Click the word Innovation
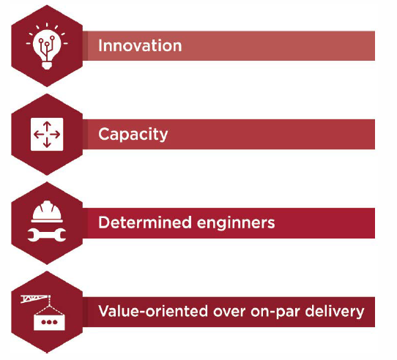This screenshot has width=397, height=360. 140,45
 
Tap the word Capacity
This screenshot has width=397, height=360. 133,135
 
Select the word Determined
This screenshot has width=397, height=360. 145,222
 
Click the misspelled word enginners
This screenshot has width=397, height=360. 236,223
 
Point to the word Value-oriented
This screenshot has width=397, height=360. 153,311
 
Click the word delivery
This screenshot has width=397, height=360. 335,312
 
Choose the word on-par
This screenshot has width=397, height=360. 275,312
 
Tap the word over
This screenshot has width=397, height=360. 229,312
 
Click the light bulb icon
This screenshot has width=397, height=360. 47,46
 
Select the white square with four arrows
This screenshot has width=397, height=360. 47,134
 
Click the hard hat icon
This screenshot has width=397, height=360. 47,211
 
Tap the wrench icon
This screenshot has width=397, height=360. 47,235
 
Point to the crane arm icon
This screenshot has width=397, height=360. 35,299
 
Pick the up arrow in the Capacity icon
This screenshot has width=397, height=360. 47,127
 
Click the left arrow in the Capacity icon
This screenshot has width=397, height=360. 39,135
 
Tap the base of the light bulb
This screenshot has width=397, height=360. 47,66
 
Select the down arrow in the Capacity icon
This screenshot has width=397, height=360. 47,143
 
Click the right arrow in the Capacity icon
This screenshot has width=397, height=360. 55,135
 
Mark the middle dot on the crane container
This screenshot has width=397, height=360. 49,322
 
